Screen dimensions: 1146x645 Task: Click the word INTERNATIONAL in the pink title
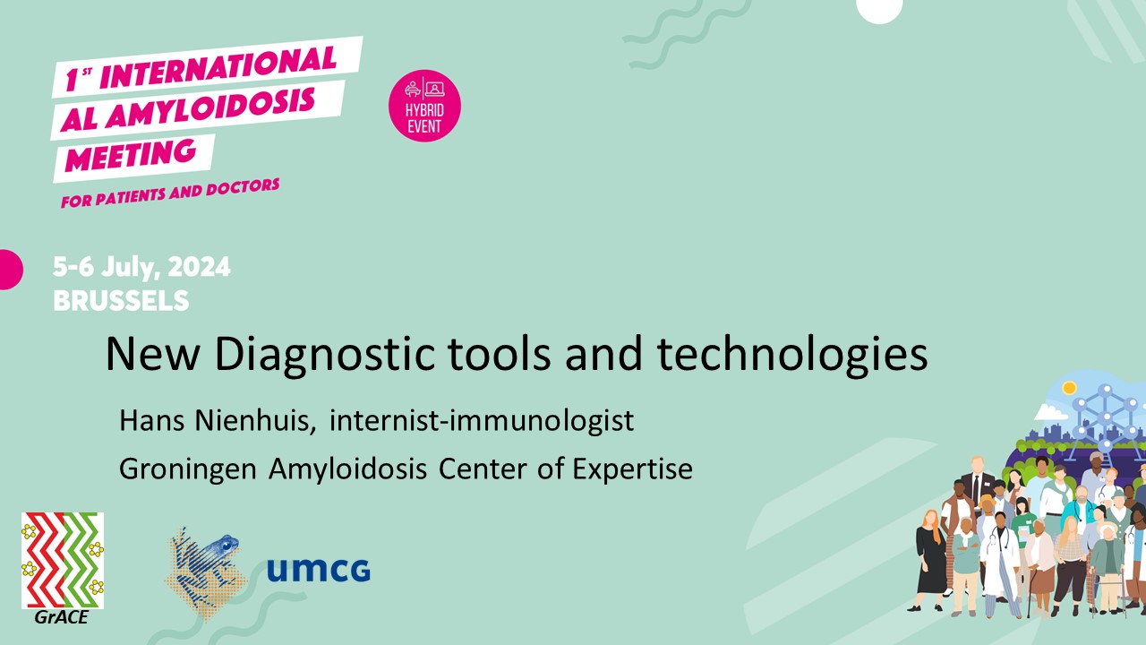218,67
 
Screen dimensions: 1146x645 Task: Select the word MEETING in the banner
131,155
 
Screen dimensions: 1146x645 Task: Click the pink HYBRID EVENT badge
424,106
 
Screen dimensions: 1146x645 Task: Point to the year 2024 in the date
199,268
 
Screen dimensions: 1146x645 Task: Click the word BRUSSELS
121,300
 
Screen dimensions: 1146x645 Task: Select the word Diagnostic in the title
325,355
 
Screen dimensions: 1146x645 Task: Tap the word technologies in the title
792,355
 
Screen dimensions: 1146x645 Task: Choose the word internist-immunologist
482,422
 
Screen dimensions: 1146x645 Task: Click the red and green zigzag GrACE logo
63,560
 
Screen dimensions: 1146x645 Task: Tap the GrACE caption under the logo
62,617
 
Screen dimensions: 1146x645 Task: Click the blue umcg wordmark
318,570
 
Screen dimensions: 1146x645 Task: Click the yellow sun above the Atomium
1069,388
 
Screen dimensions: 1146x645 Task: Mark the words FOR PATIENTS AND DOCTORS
170,193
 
